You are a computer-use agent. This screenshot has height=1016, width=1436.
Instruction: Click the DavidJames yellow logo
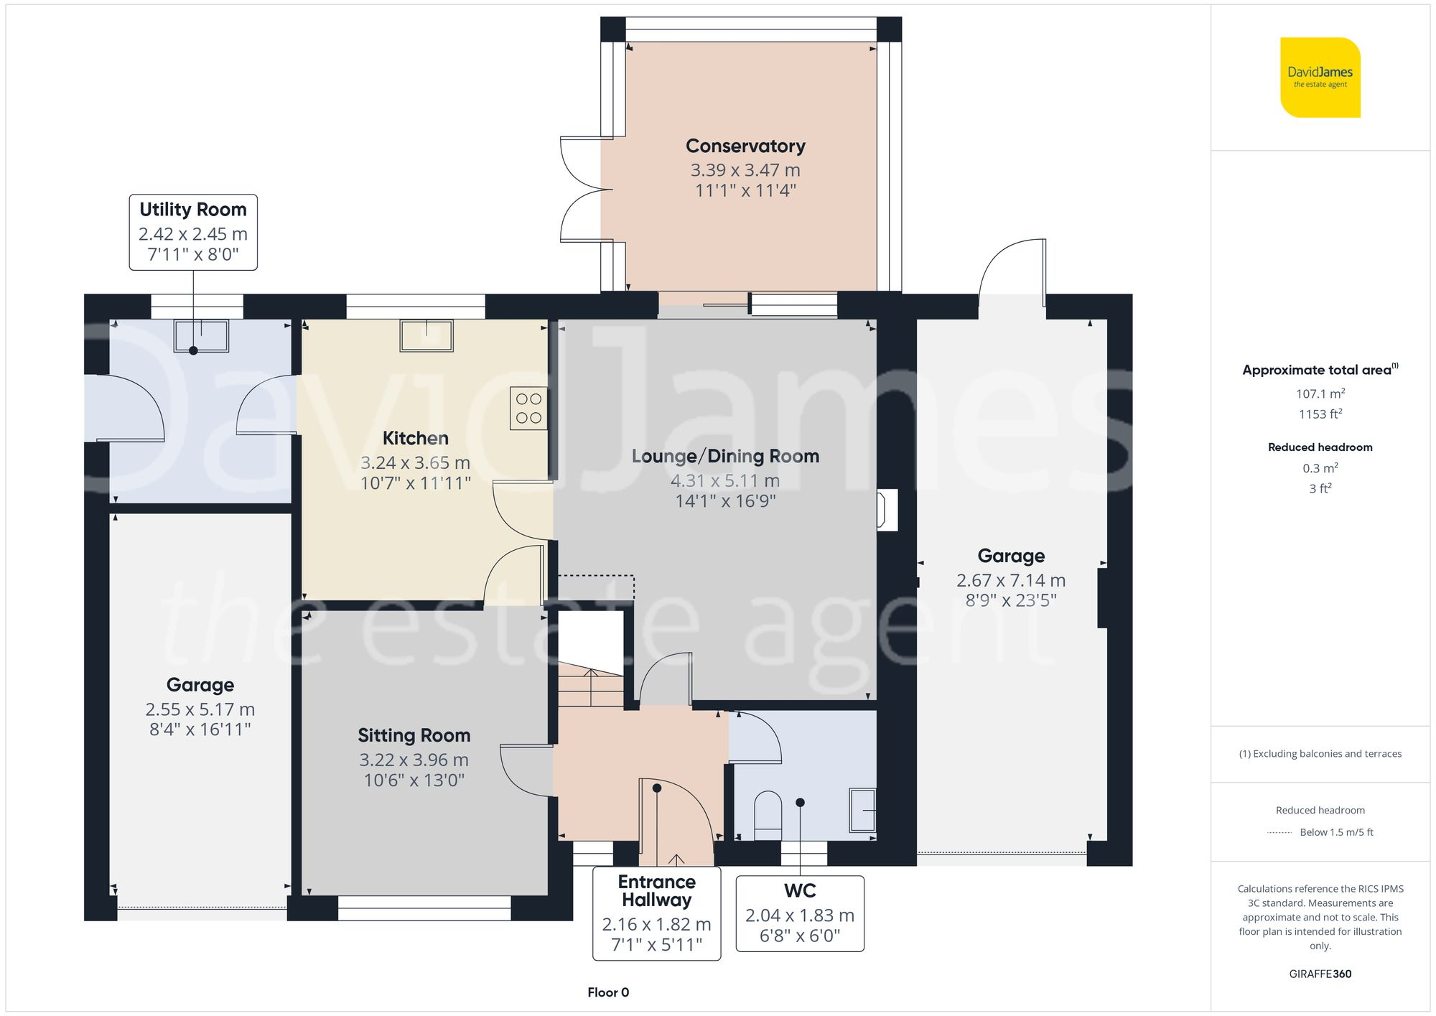(x=1320, y=78)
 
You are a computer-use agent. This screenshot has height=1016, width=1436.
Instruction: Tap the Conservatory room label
(x=745, y=146)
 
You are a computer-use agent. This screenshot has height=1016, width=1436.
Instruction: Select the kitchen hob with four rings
(x=528, y=409)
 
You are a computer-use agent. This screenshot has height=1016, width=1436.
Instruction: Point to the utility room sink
(x=201, y=335)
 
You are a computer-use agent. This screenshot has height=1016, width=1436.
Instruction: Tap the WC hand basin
(x=863, y=810)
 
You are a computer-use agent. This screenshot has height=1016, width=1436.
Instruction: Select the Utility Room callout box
(x=193, y=232)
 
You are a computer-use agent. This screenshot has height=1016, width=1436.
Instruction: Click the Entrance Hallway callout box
(x=656, y=913)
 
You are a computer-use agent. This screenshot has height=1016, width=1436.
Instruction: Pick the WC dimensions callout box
(x=800, y=913)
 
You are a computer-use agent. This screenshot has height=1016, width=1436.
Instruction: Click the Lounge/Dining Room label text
(x=725, y=457)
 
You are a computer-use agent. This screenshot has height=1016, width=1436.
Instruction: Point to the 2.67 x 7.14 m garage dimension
(x=1010, y=580)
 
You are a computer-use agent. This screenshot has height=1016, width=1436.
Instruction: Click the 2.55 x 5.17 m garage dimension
(x=200, y=709)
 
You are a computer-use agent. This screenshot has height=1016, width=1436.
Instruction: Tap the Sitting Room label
(x=414, y=735)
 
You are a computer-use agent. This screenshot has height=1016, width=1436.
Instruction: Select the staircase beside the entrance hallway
(x=591, y=685)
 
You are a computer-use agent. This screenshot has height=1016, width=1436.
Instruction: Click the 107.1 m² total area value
(x=1320, y=393)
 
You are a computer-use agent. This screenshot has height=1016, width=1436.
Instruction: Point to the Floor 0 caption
(x=608, y=992)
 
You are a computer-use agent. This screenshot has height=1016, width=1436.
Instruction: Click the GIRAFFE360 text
(x=1320, y=974)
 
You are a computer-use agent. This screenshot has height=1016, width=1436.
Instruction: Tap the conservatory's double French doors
(x=583, y=189)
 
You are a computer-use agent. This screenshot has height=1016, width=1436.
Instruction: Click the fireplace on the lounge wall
(x=887, y=510)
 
